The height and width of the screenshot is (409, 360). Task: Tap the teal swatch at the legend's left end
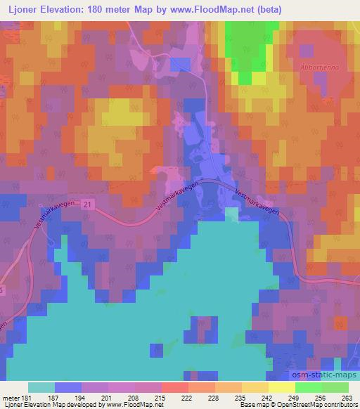click(41, 387)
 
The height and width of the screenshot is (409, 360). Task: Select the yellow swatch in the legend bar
click(281, 387)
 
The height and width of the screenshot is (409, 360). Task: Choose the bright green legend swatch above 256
click(308, 387)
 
